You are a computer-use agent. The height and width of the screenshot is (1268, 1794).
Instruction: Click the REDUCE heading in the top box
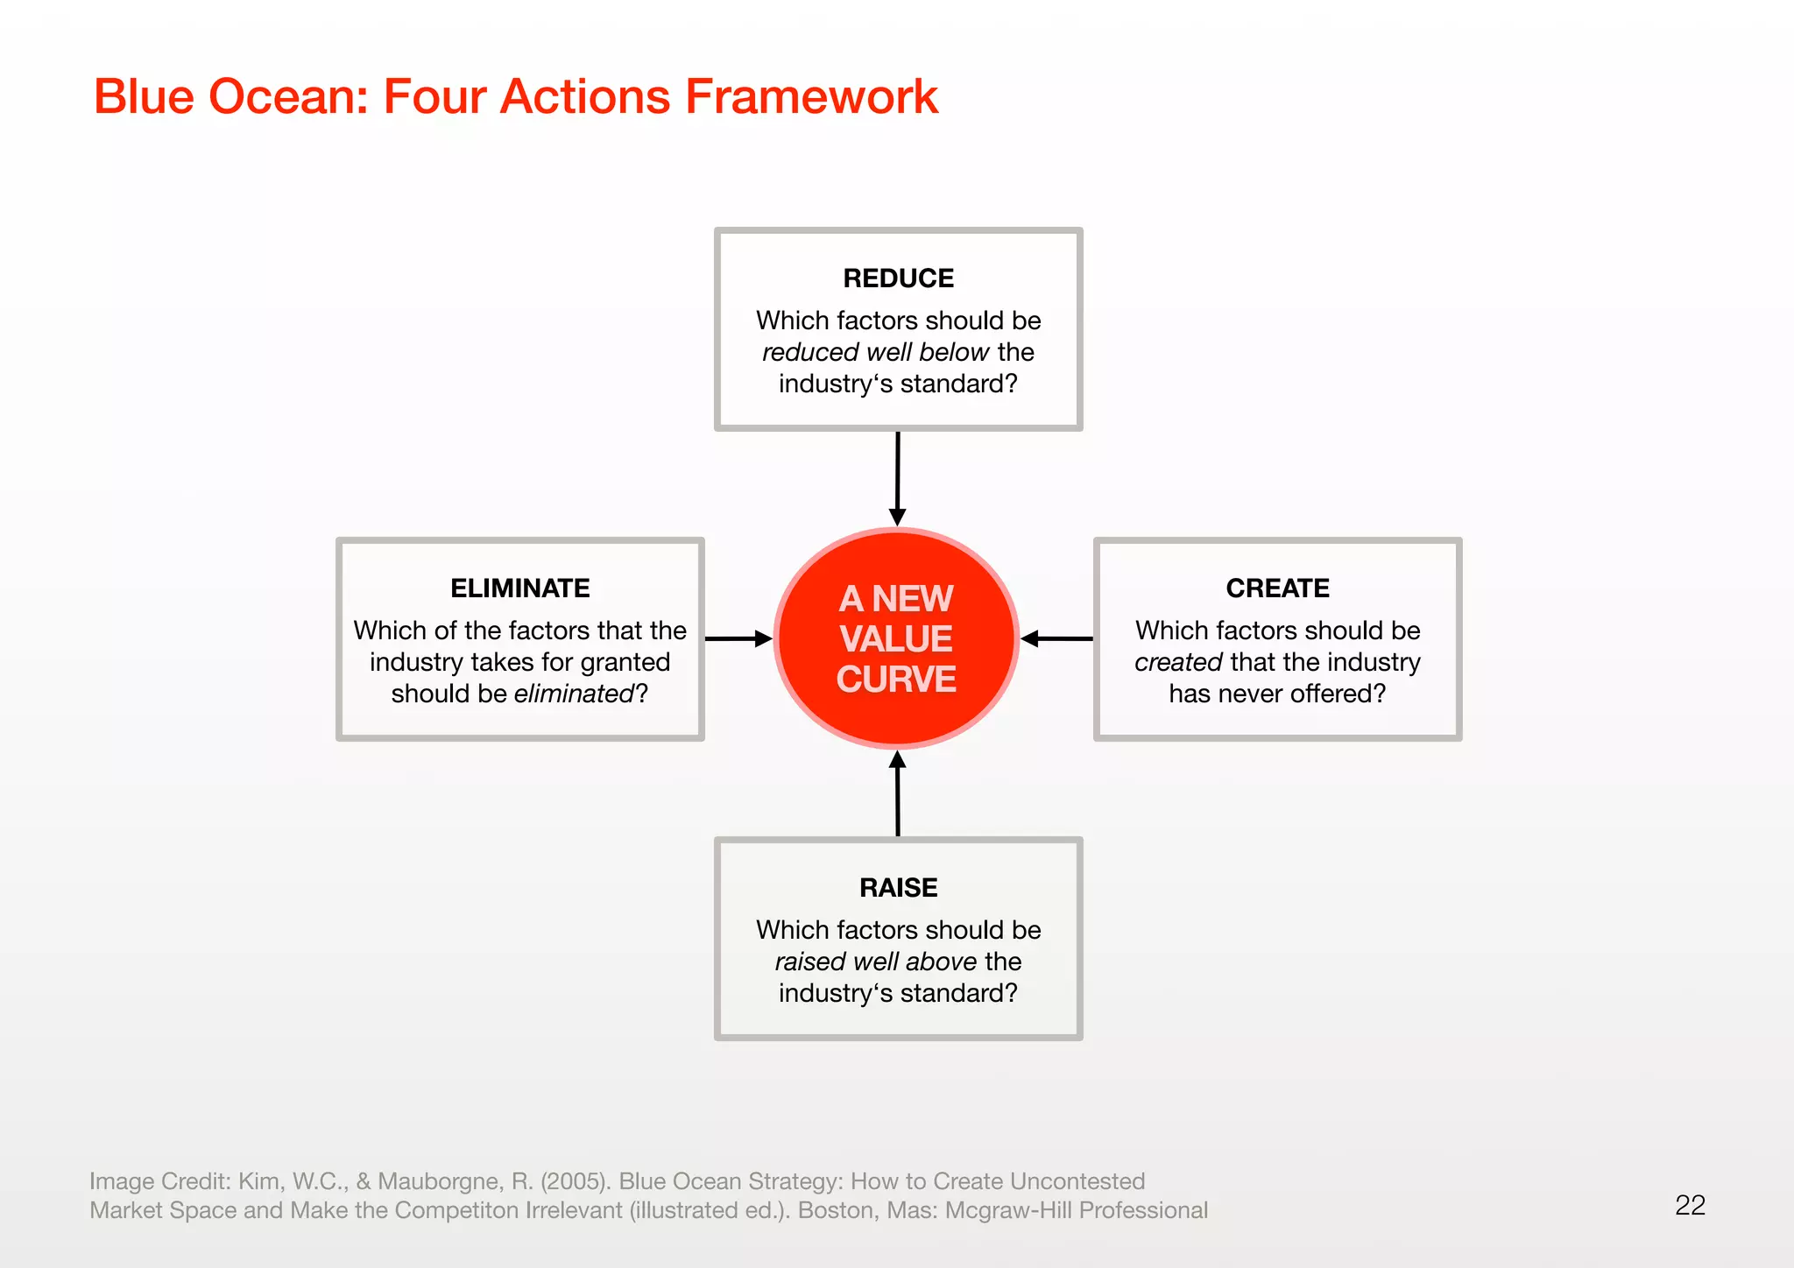pyautogui.click(x=898, y=278)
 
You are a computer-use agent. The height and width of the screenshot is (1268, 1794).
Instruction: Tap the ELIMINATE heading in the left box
pyautogui.click(x=520, y=588)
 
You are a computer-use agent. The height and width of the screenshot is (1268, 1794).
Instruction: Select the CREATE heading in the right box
pyautogui.click(x=1277, y=588)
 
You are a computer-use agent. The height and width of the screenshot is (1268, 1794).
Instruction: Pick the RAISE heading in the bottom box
pyautogui.click(x=898, y=888)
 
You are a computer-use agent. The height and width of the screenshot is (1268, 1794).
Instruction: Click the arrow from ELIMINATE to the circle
pyautogui.click(x=738, y=638)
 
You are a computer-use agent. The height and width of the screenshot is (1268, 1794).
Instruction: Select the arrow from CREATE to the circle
pyautogui.click(x=1056, y=638)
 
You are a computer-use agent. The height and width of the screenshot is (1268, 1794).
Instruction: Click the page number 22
pyautogui.click(x=1690, y=1206)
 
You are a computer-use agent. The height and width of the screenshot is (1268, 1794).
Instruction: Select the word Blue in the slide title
pyautogui.click(x=144, y=96)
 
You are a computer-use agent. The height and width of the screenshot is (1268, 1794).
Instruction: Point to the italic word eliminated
pyautogui.click(x=574, y=694)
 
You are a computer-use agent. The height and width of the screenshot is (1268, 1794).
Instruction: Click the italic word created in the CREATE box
pyautogui.click(x=1178, y=662)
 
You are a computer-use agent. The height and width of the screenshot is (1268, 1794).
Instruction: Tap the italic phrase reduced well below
pyautogui.click(x=875, y=352)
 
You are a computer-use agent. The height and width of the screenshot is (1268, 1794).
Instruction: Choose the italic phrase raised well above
pyautogui.click(x=875, y=962)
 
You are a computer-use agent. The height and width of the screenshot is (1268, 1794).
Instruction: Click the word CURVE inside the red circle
pyautogui.click(x=896, y=680)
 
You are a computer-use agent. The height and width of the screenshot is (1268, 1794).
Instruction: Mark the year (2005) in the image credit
pyautogui.click(x=576, y=1181)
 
